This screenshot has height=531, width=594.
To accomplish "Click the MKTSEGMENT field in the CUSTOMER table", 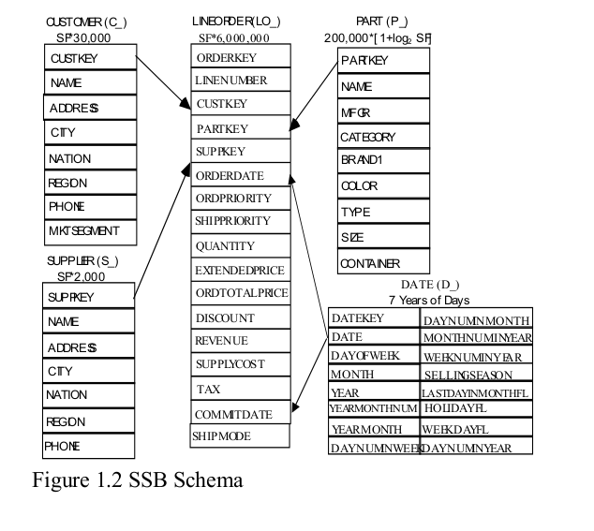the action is (90, 230).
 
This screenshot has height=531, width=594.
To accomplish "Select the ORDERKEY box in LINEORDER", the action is (239, 57).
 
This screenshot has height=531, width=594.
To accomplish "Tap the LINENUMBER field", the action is (239, 81).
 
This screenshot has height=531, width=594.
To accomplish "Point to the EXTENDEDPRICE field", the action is (239, 270).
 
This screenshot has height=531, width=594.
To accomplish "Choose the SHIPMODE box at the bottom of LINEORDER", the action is (239, 436).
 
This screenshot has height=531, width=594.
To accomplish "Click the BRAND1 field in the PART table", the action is (382, 161).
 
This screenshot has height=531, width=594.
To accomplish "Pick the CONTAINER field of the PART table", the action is (382, 263).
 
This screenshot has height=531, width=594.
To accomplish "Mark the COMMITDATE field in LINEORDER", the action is (239, 413).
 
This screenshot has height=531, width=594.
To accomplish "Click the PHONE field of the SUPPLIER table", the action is (90, 446).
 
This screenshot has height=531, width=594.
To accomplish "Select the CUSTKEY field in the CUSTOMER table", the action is (90, 58).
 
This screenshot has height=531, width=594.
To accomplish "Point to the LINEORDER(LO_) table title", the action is (239, 20).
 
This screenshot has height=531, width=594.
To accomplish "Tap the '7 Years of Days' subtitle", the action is (429, 300).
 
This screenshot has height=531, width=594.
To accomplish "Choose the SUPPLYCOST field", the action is (239, 363).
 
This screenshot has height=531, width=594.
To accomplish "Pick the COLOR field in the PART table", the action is (382, 186).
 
